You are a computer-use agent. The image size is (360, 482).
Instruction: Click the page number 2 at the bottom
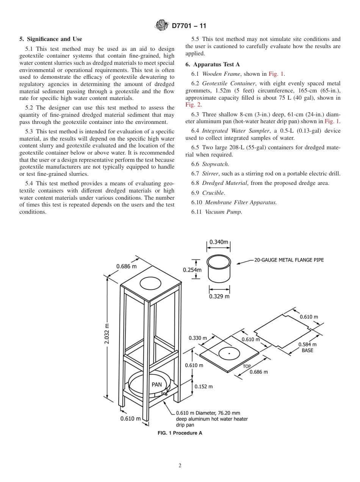[180, 466]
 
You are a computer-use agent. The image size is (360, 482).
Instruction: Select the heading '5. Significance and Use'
[50, 39]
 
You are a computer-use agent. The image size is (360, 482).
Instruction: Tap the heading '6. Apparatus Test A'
[212, 64]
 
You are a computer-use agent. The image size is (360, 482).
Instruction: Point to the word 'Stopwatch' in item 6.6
[215, 164]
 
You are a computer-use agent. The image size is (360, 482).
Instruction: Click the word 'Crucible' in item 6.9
[213, 193]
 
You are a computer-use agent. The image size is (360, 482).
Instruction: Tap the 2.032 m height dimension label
[107, 333]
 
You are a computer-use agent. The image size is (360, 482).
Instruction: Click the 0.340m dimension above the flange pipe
[219, 242]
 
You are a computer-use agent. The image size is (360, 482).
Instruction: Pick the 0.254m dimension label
[192, 270]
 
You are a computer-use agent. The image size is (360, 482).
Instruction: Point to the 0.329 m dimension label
[219, 296]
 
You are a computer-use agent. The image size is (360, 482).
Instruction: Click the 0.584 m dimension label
[307, 344]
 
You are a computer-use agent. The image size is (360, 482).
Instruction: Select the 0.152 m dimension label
[203, 387]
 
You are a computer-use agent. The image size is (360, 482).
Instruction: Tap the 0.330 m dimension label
[198, 338]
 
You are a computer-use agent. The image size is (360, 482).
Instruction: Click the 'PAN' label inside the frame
[157, 384]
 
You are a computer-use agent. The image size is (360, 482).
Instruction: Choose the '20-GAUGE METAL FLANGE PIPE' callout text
[289, 260]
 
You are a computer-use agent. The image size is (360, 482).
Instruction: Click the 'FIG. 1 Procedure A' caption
[180, 433]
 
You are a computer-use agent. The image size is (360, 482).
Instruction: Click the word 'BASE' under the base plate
[307, 351]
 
